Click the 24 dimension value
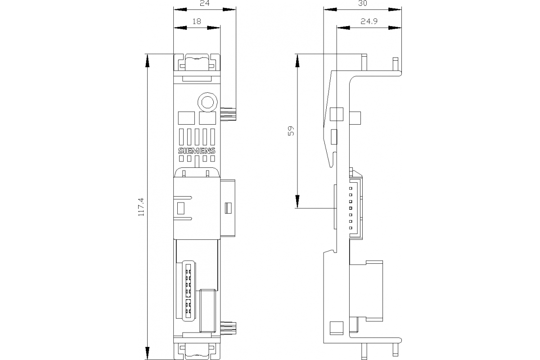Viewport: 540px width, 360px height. (x=205, y=4)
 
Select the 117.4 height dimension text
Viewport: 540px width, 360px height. (x=140, y=207)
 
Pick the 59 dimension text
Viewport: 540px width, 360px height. (x=291, y=131)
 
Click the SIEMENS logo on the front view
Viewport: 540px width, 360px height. (x=197, y=151)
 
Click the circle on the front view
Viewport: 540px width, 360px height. (x=207, y=102)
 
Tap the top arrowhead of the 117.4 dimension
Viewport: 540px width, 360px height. (x=147, y=60)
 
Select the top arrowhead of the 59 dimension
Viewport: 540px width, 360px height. (x=297, y=60)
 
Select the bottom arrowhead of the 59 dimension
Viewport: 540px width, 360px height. (x=297, y=201)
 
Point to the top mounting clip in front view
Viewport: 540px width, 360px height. (x=197, y=63)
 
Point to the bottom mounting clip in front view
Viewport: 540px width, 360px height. (x=197, y=351)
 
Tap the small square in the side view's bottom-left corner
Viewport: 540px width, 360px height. (x=335, y=328)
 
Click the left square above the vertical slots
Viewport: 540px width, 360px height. (x=184, y=118)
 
